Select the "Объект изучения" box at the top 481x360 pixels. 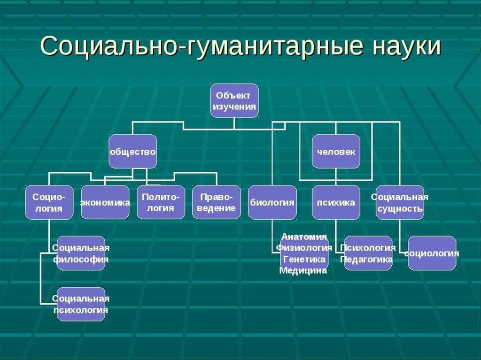coord(234,100)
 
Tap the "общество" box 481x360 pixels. coord(132,152)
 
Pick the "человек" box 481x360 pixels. coord(336,152)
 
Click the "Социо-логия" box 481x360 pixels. coord(49,202)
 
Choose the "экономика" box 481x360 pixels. coord(105,202)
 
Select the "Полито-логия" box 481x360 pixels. coord(161,202)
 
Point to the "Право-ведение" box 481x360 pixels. coord(216,202)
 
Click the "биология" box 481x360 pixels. coord(272,202)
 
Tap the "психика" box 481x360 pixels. coord(336,202)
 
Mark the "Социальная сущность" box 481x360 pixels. coord(400,202)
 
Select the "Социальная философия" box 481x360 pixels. coord(81,253)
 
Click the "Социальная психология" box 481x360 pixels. coord(81,304)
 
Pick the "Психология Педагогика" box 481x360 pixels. coord(368,253)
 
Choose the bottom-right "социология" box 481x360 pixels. coord(432,253)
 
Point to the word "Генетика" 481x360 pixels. coord(304,259)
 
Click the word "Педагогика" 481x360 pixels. coord(367,259)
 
